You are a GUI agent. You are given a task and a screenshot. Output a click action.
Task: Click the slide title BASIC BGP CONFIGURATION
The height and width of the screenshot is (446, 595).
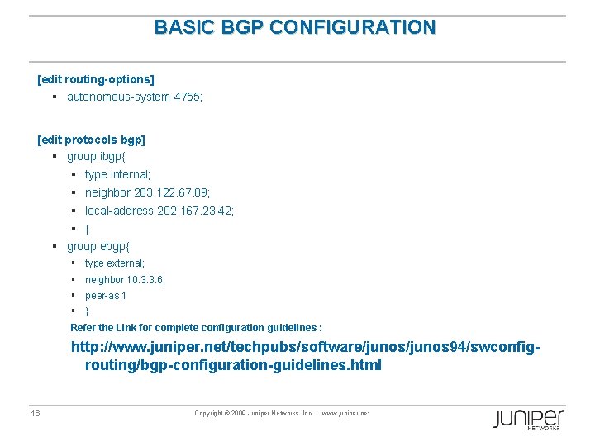click(x=294, y=27)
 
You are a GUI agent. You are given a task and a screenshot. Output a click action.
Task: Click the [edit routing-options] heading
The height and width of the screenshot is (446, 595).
click(x=96, y=79)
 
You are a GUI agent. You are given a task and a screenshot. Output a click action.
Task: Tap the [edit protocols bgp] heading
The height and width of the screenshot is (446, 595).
click(x=91, y=140)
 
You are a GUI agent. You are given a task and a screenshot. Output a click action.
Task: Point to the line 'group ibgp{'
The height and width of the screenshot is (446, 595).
click(x=98, y=156)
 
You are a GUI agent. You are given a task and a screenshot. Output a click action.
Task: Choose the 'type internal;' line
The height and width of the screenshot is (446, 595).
click(x=117, y=174)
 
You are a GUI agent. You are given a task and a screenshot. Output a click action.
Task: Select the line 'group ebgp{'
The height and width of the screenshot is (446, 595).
click(x=98, y=246)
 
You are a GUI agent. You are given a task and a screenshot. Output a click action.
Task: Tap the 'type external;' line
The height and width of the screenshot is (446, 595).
click(x=115, y=263)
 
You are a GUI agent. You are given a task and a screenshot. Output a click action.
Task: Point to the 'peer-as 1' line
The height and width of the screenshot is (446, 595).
click(x=106, y=296)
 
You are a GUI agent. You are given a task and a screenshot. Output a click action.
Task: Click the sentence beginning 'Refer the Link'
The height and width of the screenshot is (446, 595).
click(x=196, y=327)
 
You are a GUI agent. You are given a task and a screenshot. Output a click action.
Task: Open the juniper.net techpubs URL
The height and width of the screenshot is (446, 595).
click(x=306, y=356)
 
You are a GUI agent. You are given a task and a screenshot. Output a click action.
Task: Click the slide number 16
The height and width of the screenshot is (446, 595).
click(x=36, y=414)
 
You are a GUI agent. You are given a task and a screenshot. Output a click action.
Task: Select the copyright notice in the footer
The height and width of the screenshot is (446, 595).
click(x=254, y=413)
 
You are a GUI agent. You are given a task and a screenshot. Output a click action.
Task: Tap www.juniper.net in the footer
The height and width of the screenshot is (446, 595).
click(x=345, y=413)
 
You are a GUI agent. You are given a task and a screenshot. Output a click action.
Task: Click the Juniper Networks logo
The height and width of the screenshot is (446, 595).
click(x=528, y=419)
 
